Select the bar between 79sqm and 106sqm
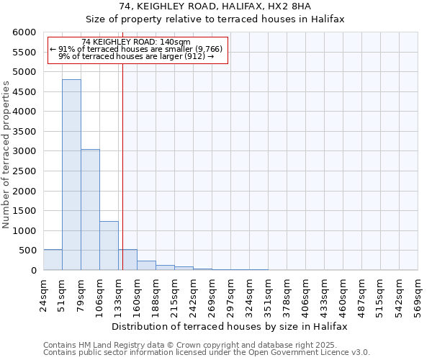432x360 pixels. [90, 210]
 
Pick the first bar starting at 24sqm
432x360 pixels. [53, 260]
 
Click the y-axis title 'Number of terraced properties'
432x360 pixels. [6, 154]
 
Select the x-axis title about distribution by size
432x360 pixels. [230, 326]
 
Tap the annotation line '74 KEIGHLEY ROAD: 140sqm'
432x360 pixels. [136, 42]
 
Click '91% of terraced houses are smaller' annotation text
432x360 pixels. [137, 49]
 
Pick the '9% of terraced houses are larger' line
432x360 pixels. [137, 56]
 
